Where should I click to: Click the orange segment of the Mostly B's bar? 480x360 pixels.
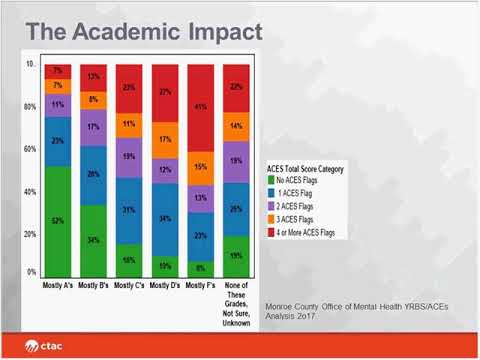click(x=94, y=100)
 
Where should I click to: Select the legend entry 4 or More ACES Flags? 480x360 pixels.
click(x=311, y=232)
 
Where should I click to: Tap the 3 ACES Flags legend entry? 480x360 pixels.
click(x=299, y=218)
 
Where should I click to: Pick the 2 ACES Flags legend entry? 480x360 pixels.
click(x=299, y=205)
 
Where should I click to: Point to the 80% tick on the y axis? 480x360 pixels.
click(x=31, y=106)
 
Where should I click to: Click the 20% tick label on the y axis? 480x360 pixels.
click(x=31, y=234)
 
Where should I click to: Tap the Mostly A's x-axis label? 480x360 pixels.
click(x=58, y=286)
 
